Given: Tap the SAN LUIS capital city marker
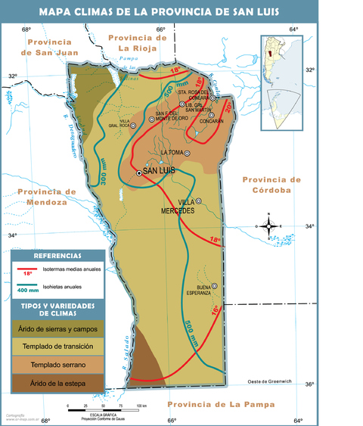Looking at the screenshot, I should (x=139, y=173).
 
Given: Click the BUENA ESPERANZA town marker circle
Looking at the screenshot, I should (x=214, y=285).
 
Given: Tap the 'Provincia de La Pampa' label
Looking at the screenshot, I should (x=219, y=405).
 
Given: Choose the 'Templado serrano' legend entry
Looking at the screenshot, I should (x=58, y=365).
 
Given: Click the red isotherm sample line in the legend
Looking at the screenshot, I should (x=28, y=269).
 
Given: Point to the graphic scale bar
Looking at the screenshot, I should (x=101, y=409).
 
